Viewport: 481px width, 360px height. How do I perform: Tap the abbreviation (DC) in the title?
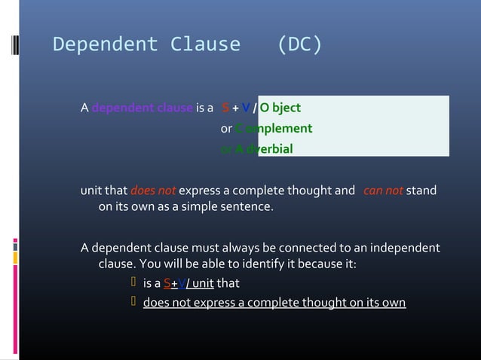[x=299, y=45]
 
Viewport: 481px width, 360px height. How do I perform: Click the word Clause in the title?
[x=205, y=45]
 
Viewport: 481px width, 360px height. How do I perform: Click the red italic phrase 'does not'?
[x=153, y=191]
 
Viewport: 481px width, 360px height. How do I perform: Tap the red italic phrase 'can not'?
[x=383, y=191]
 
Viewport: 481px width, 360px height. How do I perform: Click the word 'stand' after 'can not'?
[x=421, y=191]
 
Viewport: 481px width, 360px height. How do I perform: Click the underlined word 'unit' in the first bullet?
[x=202, y=284]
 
